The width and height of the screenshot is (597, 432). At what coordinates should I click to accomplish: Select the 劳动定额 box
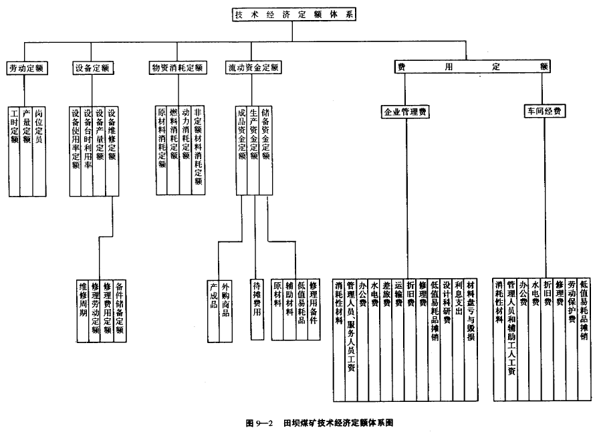tap(27, 68)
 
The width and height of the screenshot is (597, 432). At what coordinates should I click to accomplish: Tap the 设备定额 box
tap(92, 68)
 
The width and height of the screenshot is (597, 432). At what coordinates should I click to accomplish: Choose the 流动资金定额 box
tap(252, 68)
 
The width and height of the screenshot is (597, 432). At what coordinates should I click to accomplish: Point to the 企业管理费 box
tap(404, 112)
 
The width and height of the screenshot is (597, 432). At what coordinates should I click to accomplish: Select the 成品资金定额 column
tap(241, 134)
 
